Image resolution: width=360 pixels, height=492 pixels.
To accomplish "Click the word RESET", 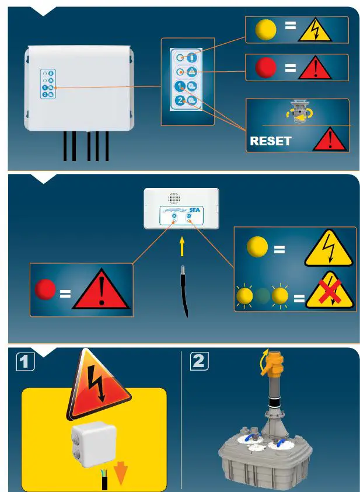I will click(x=270, y=141).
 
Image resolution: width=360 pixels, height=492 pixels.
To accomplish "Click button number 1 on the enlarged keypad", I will click(x=180, y=86).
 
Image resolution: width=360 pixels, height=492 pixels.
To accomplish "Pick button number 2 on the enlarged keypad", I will click(x=180, y=101).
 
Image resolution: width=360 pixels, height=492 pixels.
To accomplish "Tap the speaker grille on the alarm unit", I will click(x=173, y=197).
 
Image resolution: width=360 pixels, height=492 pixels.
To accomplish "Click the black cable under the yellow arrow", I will click(x=184, y=292).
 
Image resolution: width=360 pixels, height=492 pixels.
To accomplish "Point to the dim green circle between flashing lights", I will click(x=263, y=296).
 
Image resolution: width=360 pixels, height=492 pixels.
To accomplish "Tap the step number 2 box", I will click(x=198, y=361).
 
